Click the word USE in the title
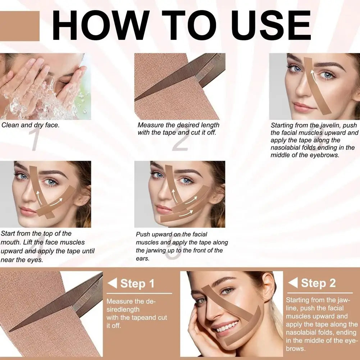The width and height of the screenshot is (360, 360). pos(271,25)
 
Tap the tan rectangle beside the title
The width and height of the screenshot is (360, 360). pos(19,26)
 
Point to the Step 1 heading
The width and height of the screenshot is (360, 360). pos(137,283)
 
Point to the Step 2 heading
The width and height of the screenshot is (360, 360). pos(318,283)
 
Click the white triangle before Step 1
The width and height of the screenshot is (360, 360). pos(112,283)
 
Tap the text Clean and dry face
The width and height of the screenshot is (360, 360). pos(30,125)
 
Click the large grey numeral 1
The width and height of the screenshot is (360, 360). pos(35,139)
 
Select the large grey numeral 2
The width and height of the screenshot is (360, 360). pos(181,140)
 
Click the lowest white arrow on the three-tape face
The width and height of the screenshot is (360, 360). pos(186,214)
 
